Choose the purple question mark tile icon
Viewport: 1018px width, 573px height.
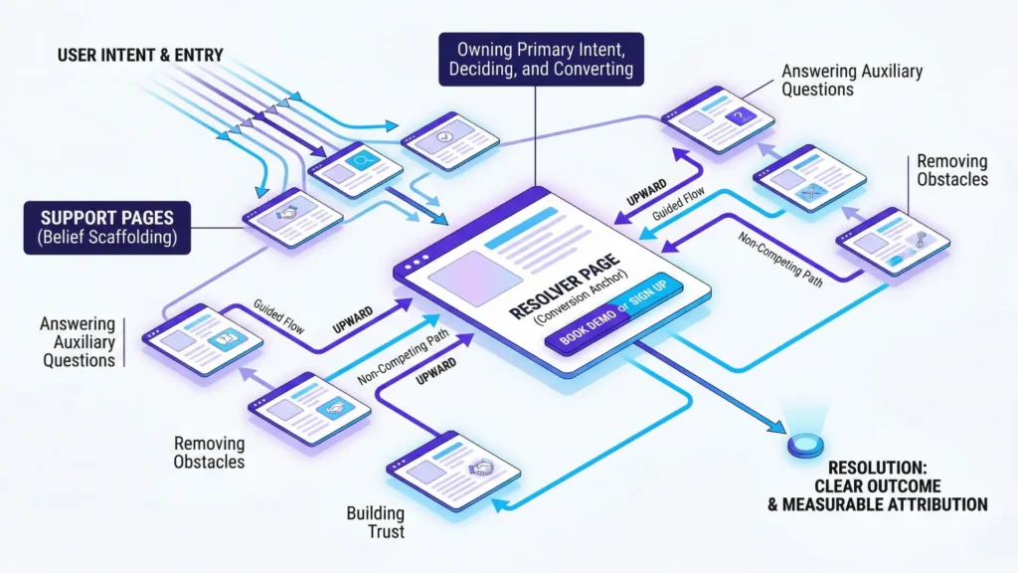[737, 116]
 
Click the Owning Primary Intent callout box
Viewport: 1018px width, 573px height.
[542, 59]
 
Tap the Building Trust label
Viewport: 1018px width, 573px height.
[375, 522]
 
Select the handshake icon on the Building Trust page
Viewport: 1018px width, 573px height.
[481, 468]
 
